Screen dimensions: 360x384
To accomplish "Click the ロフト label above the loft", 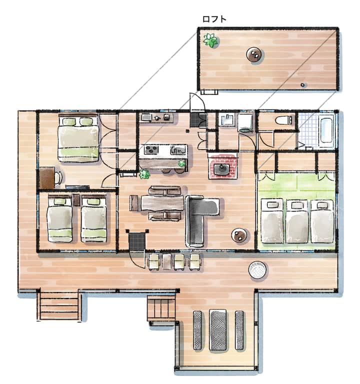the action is click(214, 19).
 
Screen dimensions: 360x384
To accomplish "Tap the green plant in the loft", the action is click(210, 40).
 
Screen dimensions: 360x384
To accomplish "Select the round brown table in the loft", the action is click(254, 54).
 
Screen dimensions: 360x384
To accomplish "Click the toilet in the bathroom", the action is click(283, 120).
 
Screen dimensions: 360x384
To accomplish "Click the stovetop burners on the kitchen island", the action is click(151, 149).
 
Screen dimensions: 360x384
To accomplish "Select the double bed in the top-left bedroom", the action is click(78, 138).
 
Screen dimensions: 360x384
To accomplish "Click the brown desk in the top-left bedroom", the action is click(47, 178).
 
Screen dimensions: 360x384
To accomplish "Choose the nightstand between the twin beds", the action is click(76, 200).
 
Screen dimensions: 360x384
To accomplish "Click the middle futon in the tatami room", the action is click(297, 221).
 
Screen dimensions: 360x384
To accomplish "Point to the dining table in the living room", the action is click(162, 203).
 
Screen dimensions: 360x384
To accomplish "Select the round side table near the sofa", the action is click(239, 235).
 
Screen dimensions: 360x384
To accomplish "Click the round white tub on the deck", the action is click(257, 269).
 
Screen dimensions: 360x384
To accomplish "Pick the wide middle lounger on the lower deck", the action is click(217, 329).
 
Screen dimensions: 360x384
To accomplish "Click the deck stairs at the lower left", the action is click(59, 306).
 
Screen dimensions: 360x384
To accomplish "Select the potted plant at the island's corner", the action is click(144, 174).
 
